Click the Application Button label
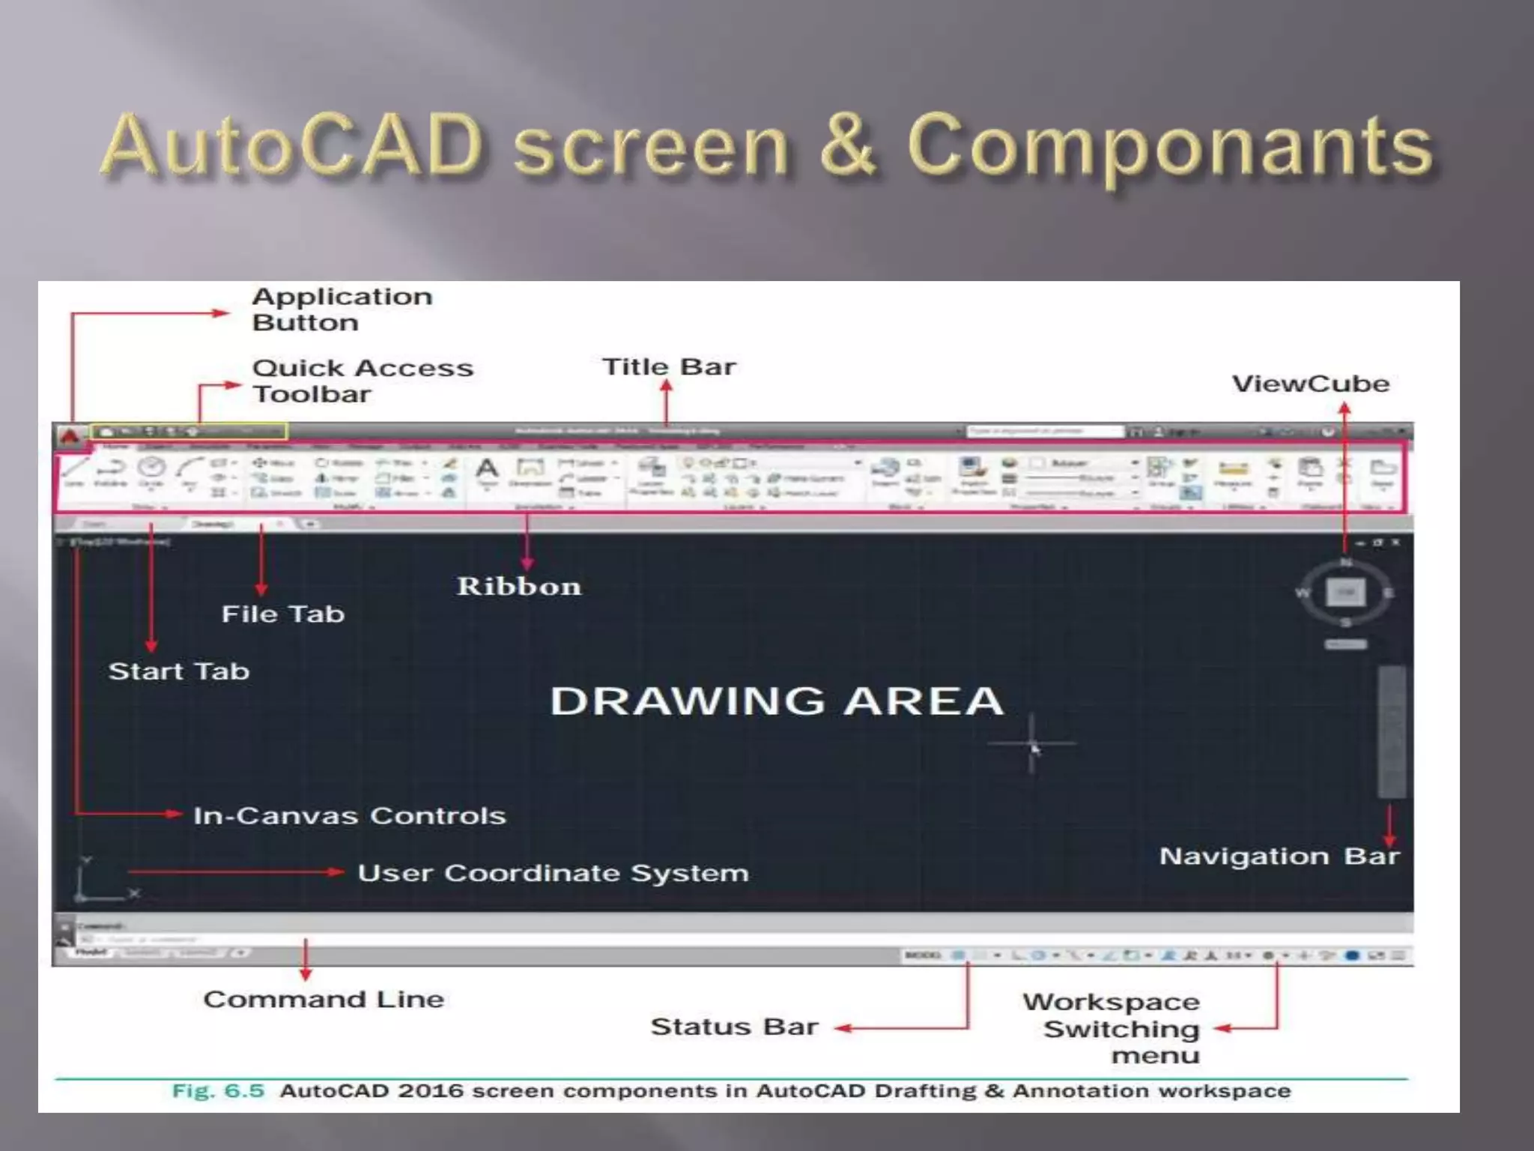coord(342,309)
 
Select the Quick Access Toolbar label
coord(363,381)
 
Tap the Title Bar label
coord(669,367)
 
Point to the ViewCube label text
coord(1311,384)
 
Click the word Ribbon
coord(519,587)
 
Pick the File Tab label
coord(283,614)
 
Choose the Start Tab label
coord(179,671)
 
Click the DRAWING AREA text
coord(777,701)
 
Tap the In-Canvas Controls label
coord(349,816)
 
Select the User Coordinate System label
coord(553,874)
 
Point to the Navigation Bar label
coord(1279,857)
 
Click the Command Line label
coord(324,1000)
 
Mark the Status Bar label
coord(734,1027)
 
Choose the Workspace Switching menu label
coord(1112,1029)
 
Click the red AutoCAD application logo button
coord(70,435)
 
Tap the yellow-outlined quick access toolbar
coord(189,432)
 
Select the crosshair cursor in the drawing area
coord(1032,743)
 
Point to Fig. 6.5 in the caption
coord(218,1091)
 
